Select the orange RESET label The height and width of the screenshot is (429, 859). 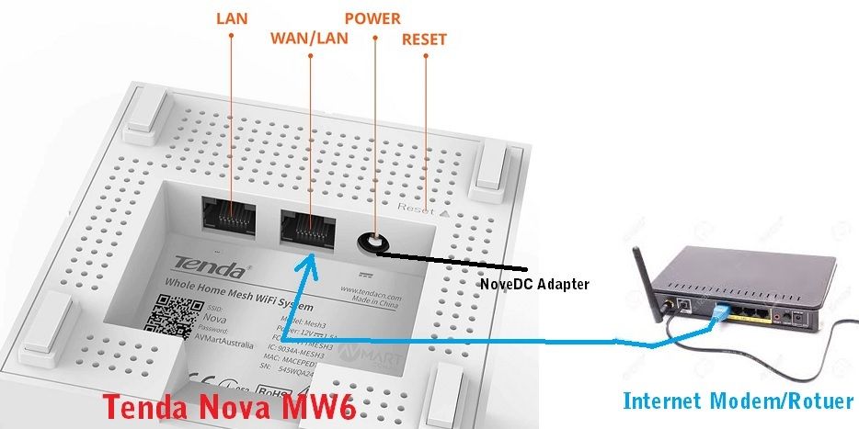point(424,40)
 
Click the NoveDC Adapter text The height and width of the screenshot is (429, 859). point(534,284)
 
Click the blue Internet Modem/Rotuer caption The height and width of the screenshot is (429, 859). point(738,401)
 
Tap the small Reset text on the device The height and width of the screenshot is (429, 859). point(415,209)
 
